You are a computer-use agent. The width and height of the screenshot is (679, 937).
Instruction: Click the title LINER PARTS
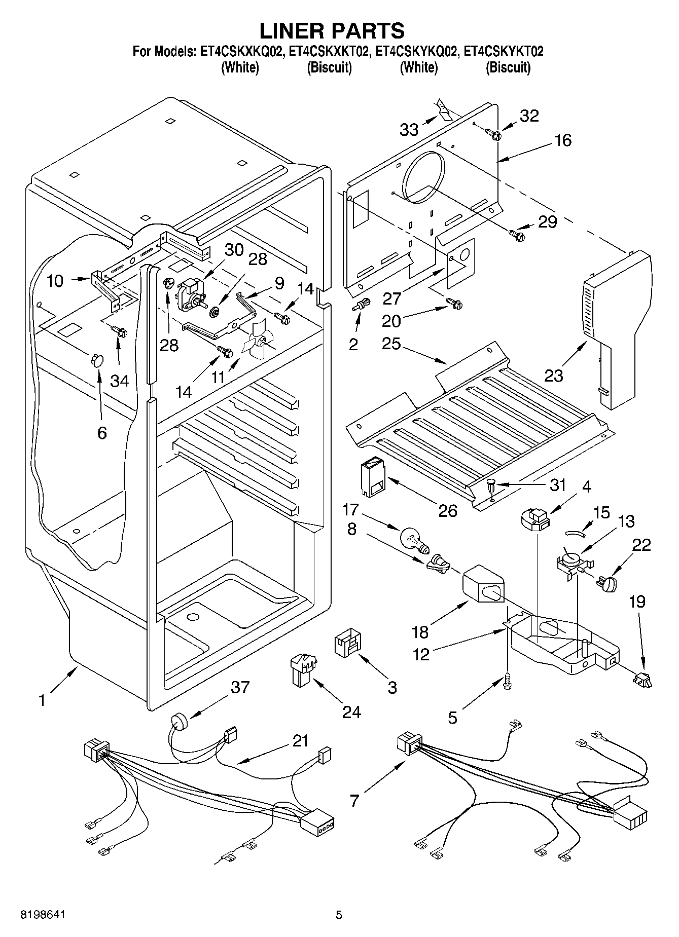(x=332, y=31)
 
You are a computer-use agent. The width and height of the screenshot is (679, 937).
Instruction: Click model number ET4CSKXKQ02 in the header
(x=240, y=52)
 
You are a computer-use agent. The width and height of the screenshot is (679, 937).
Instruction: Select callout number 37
(x=240, y=688)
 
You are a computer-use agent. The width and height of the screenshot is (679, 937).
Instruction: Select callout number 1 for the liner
(x=42, y=700)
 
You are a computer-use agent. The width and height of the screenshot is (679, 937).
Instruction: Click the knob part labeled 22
(x=607, y=583)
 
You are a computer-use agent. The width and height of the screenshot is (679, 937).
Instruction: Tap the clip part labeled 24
(x=302, y=668)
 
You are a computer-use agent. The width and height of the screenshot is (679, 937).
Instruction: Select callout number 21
(x=301, y=741)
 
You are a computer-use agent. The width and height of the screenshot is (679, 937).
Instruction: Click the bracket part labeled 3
(x=347, y=645)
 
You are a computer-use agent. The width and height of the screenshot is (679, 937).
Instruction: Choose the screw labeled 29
(x=516, y=234)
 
